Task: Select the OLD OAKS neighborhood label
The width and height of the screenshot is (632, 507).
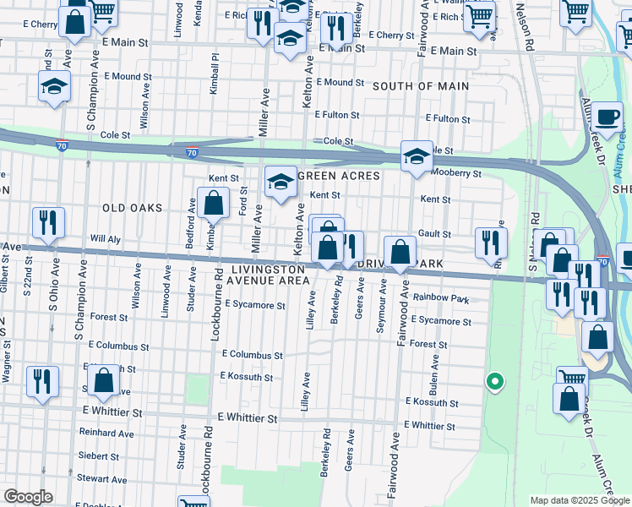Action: pyautogui.click(x=131, y=207)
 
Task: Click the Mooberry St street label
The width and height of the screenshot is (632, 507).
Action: pyautogui.click(x=455, y=173)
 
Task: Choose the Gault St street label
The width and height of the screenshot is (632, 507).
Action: pyautogui.click(x=434, y=234)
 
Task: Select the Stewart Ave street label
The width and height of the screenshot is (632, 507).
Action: pyautogui.click(x=102, y=478)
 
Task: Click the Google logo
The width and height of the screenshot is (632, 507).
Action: pyautogui.click(x=28, y=497)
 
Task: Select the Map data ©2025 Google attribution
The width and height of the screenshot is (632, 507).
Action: pyautogui.click(x=579, y=500)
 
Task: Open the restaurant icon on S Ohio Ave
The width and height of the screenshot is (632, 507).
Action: pyautogui.click(x=48, y=223)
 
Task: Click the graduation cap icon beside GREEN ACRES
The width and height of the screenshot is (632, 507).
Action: pyautogui.click(x=281, y=181)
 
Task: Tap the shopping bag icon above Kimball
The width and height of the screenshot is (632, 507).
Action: pyautogui.click(x=214, y=204)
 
